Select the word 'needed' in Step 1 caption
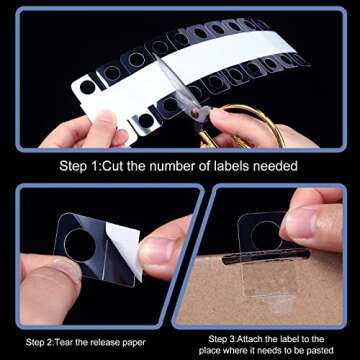(x=279, y=164)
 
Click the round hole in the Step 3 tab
(x=264, y=235)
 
